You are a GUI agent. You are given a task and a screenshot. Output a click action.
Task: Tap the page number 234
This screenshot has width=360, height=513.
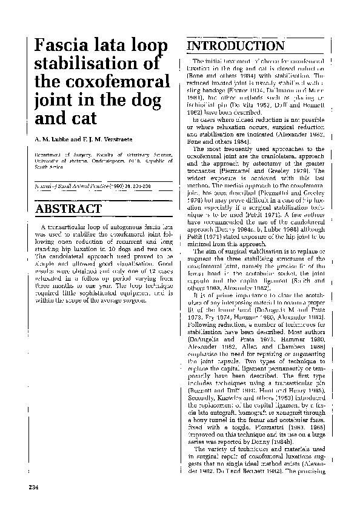pos(34,487)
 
